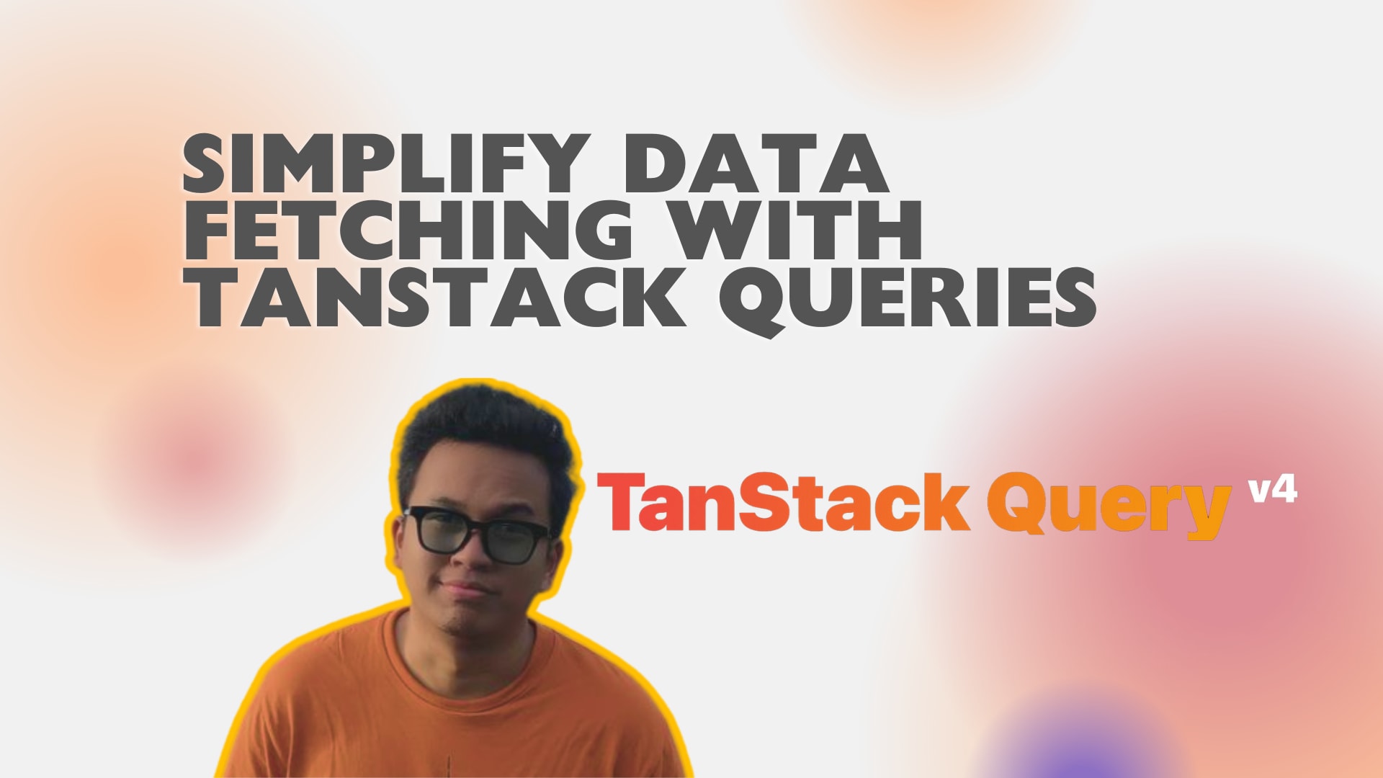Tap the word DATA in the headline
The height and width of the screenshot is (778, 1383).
click(x=756, y=164)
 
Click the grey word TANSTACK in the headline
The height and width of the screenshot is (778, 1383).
click(x=435, y=298)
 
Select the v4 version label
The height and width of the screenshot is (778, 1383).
click(x=1273, y=491)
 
